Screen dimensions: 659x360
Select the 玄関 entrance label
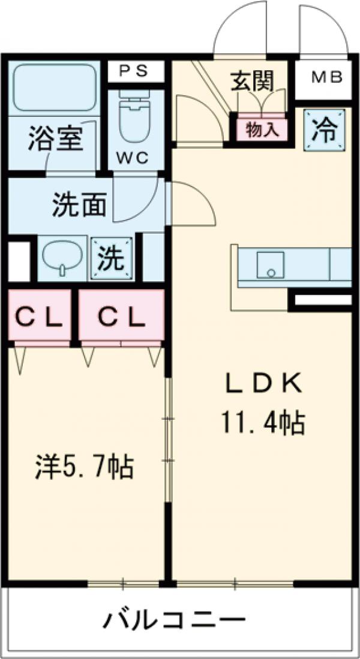click(x=252, y=82)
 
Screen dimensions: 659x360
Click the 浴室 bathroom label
click(x=54, y=141)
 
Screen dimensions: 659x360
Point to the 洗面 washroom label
click(x=79, y=206)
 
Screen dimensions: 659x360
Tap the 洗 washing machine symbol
click(x=111, y=258)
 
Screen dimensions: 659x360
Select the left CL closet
click(x=39, y=317)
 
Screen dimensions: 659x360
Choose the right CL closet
click(x=121, y=317)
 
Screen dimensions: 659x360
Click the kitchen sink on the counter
click(x=270, y=264)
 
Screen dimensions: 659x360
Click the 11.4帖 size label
click(x=263, y=423)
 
